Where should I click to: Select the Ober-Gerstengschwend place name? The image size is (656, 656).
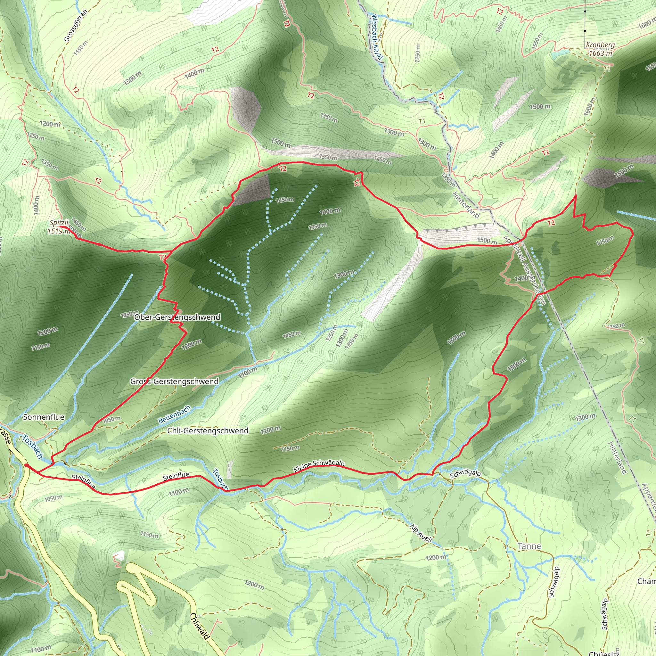177,317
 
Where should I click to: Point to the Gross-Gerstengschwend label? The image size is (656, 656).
174,381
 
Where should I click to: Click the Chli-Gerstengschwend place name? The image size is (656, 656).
208,430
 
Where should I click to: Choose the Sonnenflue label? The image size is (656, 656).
44,417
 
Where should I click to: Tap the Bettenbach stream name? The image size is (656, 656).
175,414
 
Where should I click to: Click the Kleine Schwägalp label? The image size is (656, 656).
319,466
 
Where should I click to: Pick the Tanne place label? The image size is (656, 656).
529,546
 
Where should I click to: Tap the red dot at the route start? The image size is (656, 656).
27,465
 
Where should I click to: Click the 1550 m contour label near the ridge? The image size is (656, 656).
328,158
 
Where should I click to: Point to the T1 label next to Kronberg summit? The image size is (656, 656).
607,69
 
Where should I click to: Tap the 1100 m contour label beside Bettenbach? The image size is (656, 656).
248,373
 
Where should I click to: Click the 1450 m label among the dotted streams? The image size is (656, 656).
284,200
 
